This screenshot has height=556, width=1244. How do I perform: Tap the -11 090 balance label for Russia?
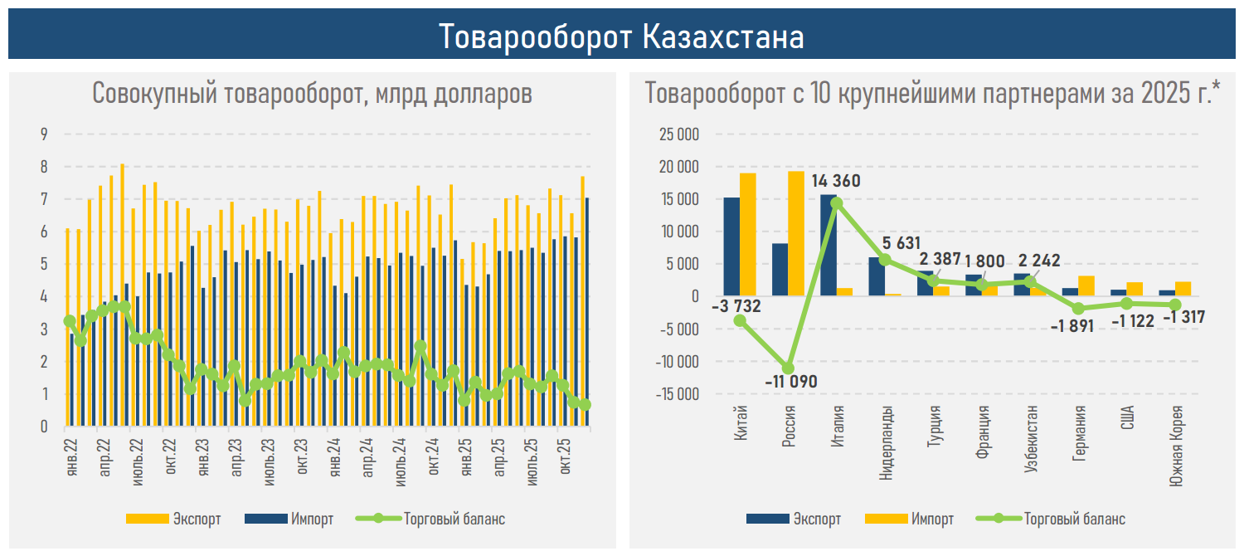[790, 383]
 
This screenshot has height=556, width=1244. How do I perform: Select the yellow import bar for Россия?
[795, 233]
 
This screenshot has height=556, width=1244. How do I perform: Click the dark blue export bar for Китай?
[731, 246]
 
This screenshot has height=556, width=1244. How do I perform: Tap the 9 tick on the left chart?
[45, 134]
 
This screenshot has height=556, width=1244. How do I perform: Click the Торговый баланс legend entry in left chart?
[454, 519]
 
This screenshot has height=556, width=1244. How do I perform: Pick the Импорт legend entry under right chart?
[932, 519]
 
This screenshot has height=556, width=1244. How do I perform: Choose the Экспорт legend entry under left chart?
[197, 519]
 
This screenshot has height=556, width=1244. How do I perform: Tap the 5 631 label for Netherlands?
[902, 243]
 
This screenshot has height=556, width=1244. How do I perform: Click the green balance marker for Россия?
[788, 368]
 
